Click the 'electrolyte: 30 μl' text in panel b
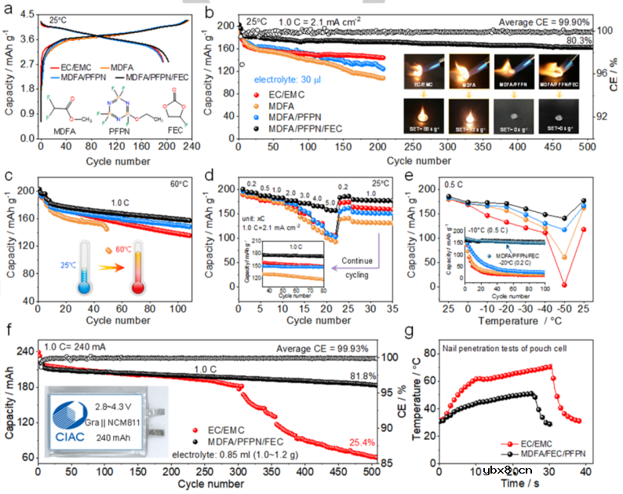294,79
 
